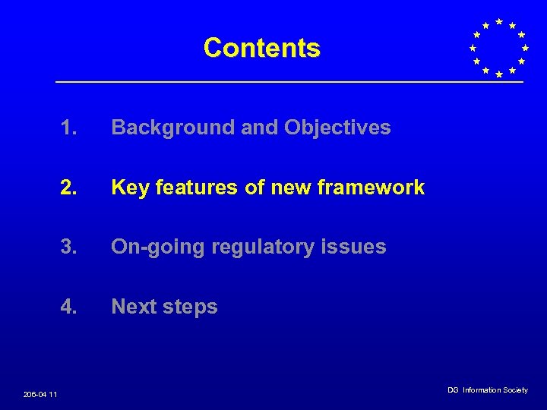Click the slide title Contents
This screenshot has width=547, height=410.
click(x=261, y=48)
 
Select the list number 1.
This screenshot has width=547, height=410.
click(x=68, y=128)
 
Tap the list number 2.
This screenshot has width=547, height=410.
click(x=68, y=188)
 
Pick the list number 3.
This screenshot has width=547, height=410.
click(x=68, y=247)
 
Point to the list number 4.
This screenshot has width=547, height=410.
click(x=68, y=307)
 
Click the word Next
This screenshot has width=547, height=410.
click(x=134, y=307)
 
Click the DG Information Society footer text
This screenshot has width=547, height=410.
click(x=487, y=390)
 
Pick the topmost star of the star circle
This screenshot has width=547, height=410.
click(x=498, y=21)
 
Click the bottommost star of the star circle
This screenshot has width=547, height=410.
click(x=498, y=74)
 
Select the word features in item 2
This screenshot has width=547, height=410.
click(x=194, y=188)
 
